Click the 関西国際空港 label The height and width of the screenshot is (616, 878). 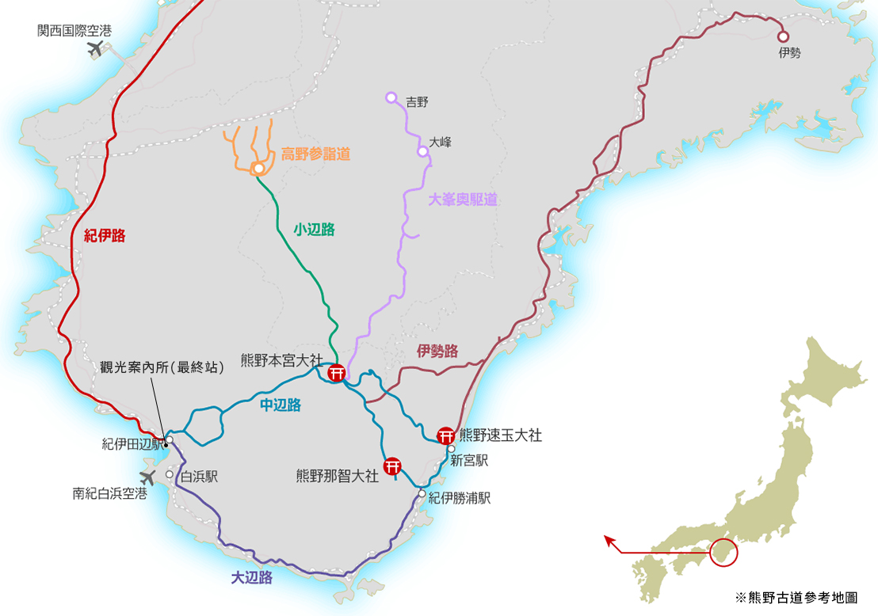(74, 31)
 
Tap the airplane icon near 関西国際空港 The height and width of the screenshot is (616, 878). (97, 50)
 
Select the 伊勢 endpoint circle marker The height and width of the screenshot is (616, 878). (783, 36)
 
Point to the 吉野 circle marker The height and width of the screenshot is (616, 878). (391, 97)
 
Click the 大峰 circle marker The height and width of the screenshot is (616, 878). (422, 150)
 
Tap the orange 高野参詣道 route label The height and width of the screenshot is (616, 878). (315, 154)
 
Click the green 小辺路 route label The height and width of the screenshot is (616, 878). (314, 230)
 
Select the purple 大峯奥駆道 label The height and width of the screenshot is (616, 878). (463, 200)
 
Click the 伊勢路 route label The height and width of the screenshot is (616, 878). (437, 352)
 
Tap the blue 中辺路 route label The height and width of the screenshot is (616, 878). (281, 405)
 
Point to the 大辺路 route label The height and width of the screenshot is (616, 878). (251, 577)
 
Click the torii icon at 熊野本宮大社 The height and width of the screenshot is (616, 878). (336, 372)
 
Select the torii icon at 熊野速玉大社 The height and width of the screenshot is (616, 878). (446, 435)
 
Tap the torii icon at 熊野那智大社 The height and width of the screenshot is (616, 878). (392, 466)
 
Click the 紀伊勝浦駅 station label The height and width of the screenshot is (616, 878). (460, 498)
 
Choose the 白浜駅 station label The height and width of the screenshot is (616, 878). (199, 477)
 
